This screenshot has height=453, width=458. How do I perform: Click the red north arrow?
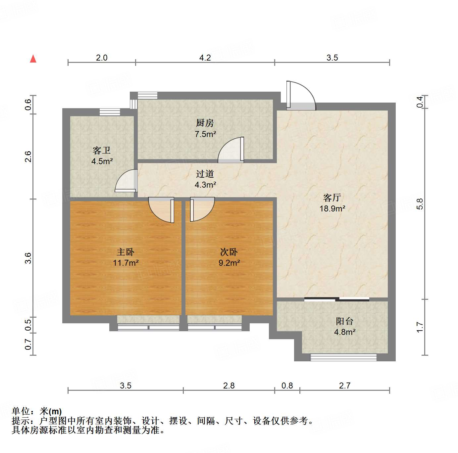[x=33, y=59]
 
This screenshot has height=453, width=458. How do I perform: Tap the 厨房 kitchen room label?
[x=205, y=123]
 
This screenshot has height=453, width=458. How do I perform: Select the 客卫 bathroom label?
[x=102, y=151]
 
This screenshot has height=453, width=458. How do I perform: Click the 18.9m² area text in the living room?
[x=332, y=208]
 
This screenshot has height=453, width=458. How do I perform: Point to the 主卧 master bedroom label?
[x=126, y=252]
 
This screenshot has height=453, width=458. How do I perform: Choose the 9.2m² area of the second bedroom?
[x=229, y=263]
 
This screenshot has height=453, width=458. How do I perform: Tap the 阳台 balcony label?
[x=344, y=321]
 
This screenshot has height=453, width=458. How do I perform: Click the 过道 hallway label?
[x=205, y=174]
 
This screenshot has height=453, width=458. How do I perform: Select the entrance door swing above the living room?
[x=301, y=96]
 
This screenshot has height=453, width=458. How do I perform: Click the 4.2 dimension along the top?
[x=205, y=58]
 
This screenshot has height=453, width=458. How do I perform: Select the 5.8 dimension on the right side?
[x=420, y=204]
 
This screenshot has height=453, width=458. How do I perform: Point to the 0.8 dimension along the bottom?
[x=287, y=385]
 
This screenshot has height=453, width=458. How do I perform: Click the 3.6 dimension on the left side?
[x=28, y=258]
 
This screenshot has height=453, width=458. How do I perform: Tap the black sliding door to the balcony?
[x=336, y=299]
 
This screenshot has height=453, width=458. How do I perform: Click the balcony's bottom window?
[x=343, y=357]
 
